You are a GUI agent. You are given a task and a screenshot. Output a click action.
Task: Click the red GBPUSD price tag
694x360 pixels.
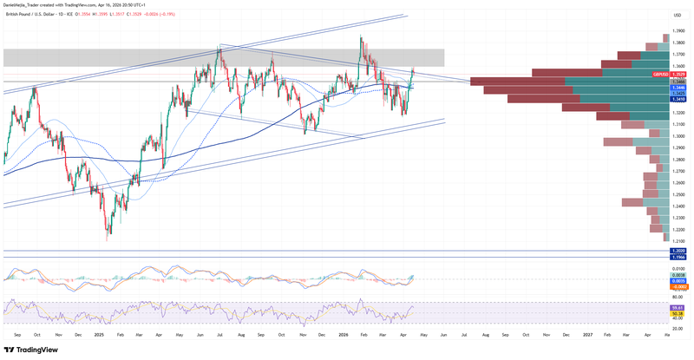coord(660,75)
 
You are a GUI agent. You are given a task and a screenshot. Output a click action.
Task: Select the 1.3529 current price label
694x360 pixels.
coord(678,75)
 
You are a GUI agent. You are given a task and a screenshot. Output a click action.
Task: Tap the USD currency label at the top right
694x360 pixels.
coord(676,15)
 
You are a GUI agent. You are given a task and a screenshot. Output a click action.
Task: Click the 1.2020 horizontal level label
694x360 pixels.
coord(678,252)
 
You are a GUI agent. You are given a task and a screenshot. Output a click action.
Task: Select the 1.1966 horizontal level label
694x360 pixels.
coord(678,259)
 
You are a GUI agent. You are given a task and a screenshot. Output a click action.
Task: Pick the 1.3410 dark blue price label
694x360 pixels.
coord(678,99)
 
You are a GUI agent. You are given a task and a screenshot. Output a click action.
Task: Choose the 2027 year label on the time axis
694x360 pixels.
coord(587,333)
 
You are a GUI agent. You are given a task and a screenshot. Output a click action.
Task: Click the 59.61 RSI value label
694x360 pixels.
coord(678,307)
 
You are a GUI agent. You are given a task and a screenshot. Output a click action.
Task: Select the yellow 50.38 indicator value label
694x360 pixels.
coord(678,313)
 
